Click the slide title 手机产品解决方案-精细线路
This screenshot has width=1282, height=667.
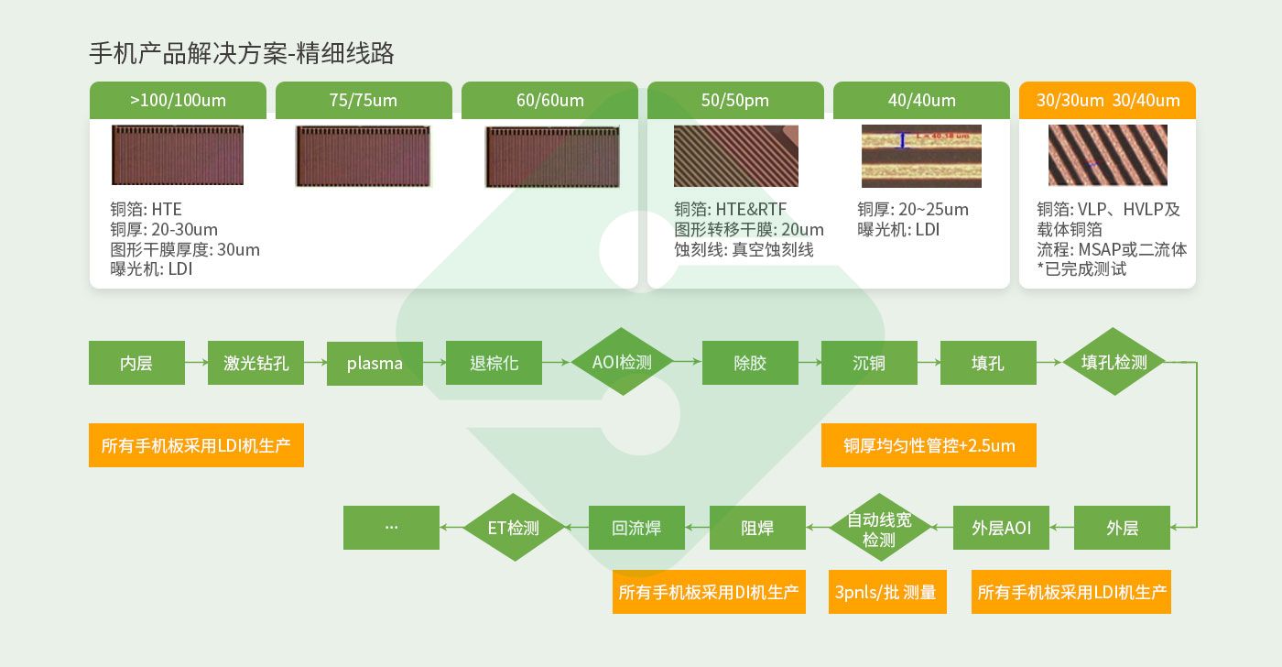242,53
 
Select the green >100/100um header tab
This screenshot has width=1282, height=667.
178,100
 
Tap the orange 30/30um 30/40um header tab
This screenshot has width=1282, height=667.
1107,100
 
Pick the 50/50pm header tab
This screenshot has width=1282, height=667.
735,100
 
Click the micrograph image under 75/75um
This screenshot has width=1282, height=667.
364,156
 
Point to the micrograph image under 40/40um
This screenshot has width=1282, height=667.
921,156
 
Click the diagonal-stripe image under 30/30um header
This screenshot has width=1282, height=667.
1107,155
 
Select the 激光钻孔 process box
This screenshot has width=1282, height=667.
255,363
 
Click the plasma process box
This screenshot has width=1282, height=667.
375,363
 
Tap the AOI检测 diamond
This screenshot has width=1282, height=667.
622,362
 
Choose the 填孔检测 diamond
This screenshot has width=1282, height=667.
1114,362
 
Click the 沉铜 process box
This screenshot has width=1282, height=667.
869,363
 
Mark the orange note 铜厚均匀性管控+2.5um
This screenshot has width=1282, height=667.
929,445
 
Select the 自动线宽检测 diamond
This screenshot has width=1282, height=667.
879,529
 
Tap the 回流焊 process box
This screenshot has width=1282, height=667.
636,528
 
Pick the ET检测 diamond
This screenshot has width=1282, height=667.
514,528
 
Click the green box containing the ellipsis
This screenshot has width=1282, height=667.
391,528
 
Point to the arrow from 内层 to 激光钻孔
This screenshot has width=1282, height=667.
196,363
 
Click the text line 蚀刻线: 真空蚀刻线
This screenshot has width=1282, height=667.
744,249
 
